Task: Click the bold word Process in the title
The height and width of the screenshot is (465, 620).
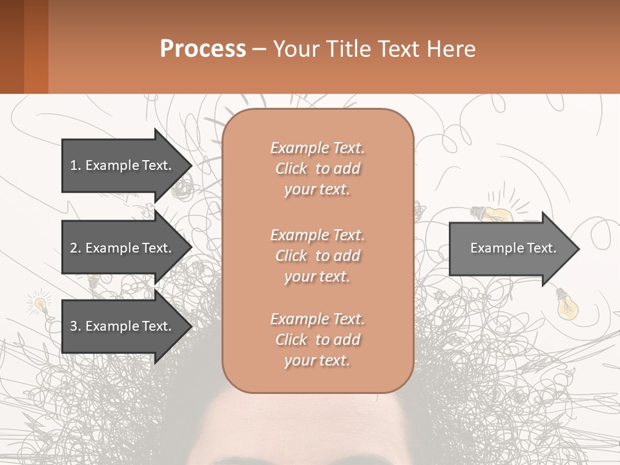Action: click(x=203, y=49)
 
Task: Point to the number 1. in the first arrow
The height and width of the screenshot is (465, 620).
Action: click(x=75, y=165)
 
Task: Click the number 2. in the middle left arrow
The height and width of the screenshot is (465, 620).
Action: click(x=75, y=248)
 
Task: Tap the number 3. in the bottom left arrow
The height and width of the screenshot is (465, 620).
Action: click(x=75, y=326)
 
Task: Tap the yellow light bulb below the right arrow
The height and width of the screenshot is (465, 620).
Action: click(x=567, y=305)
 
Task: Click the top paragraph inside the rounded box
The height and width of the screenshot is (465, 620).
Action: click(x=317, y=169)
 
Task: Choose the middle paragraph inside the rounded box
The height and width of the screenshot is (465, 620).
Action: click(x=317, y=255)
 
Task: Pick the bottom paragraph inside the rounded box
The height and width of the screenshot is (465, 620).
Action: click(x=317, y=340)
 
